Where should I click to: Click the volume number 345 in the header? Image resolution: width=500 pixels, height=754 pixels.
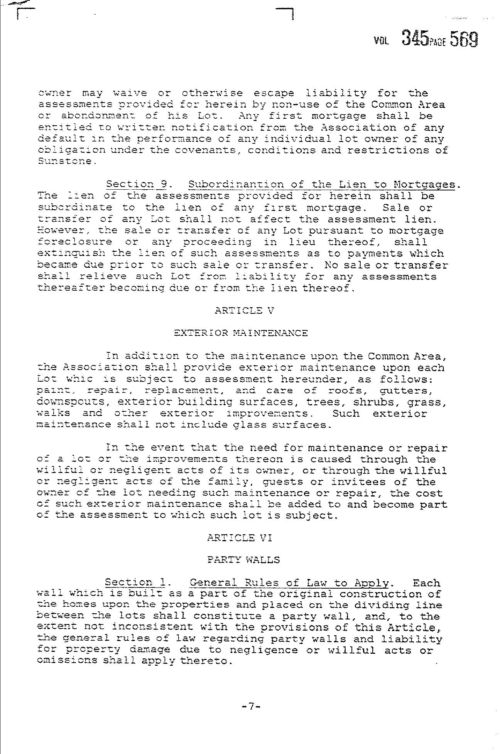click(415, 39)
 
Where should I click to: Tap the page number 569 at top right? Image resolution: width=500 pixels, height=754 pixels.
click(464, 39)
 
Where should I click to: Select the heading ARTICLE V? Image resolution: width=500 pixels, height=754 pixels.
click(244, 311)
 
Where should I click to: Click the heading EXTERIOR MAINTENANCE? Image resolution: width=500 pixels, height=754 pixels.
click(241, 333)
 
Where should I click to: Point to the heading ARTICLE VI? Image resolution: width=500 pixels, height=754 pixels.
click(239, 538)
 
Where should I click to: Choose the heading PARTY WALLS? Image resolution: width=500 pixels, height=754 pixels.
click(243, 560)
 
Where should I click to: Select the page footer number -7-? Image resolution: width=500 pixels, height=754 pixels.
click(250, 707)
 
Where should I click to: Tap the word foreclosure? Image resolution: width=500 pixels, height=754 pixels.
click(75, 242)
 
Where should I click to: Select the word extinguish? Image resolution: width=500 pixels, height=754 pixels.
click(71, 254)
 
